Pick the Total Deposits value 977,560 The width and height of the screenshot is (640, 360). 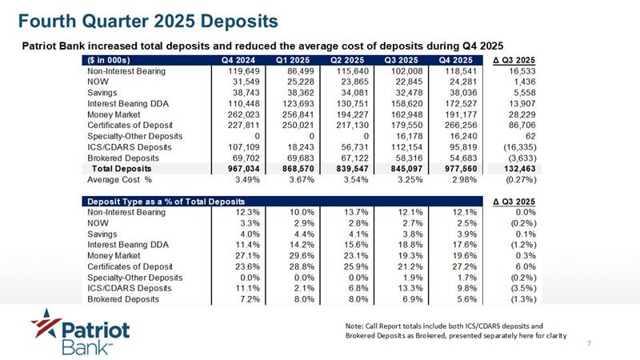(456, 169)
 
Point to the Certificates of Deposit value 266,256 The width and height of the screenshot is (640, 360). (456, 126)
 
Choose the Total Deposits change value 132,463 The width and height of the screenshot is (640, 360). (515, 169)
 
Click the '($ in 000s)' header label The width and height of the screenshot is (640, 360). (112, 60)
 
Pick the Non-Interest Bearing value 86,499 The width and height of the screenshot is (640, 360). (290, 71)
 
